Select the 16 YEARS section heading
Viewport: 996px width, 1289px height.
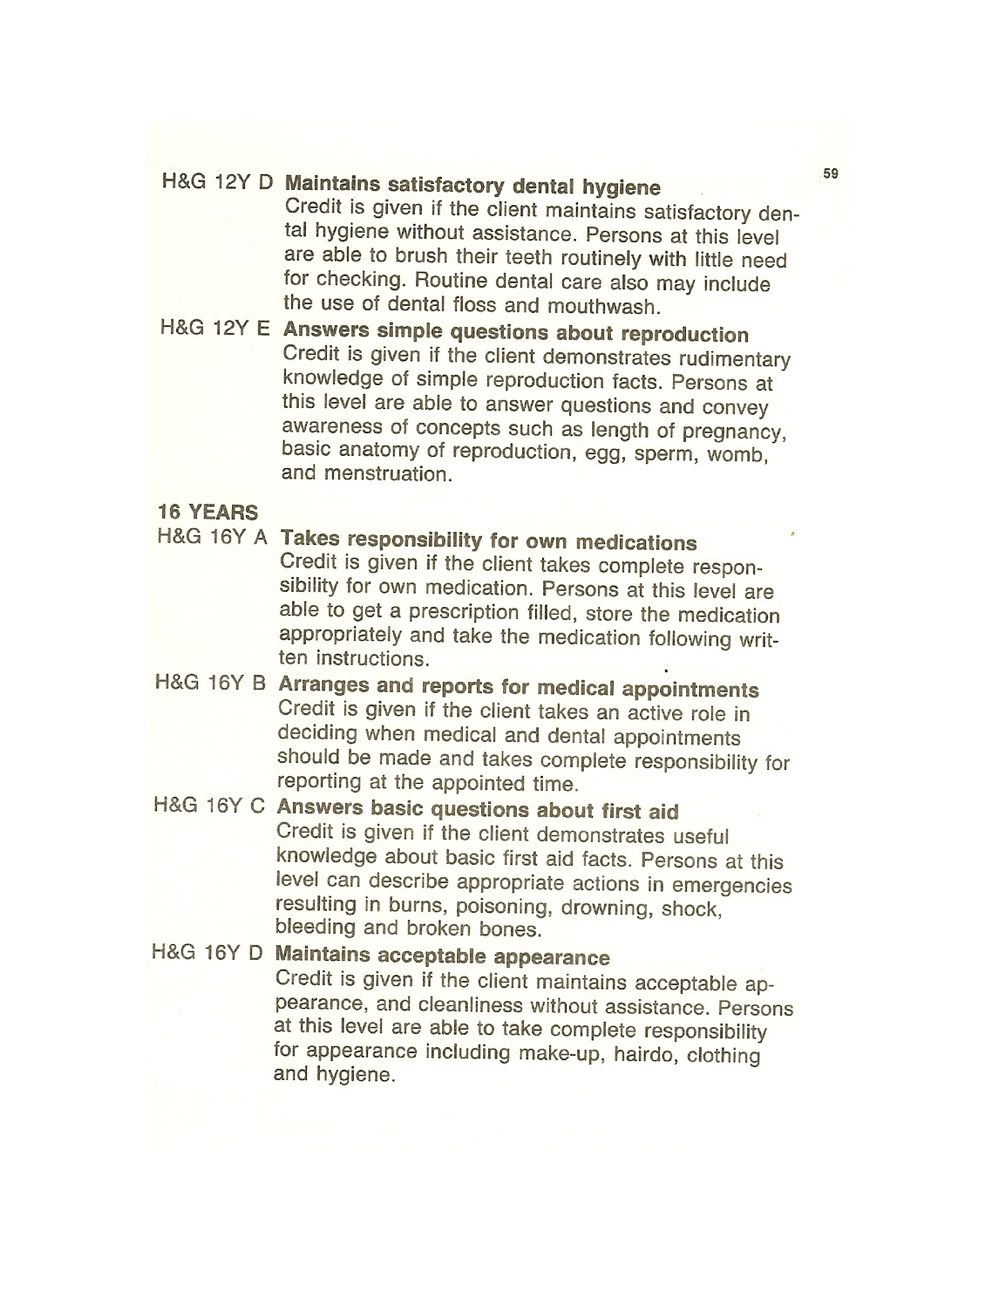pos(208,512)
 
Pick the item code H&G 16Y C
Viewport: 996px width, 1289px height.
pos(209,805)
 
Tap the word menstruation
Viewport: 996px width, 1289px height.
pos(388,473)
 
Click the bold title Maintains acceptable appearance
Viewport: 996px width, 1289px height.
pos(442,955)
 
